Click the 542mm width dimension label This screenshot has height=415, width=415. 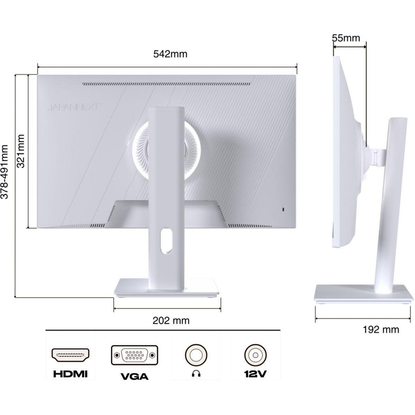(170, 54)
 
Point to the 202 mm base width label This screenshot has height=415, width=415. (171, 321)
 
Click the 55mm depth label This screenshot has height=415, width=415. (346, 38)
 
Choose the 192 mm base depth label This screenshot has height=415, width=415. (381, 330)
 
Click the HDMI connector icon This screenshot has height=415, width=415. (71, 355)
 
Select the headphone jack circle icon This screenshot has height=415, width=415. (196, 355)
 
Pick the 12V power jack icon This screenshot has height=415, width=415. (255, 355)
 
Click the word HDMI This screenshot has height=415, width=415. (71, 374)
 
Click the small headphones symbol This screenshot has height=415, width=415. (196, 374)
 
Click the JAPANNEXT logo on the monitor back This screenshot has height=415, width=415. (73, 108)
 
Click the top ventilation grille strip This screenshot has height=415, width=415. (166, 84)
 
